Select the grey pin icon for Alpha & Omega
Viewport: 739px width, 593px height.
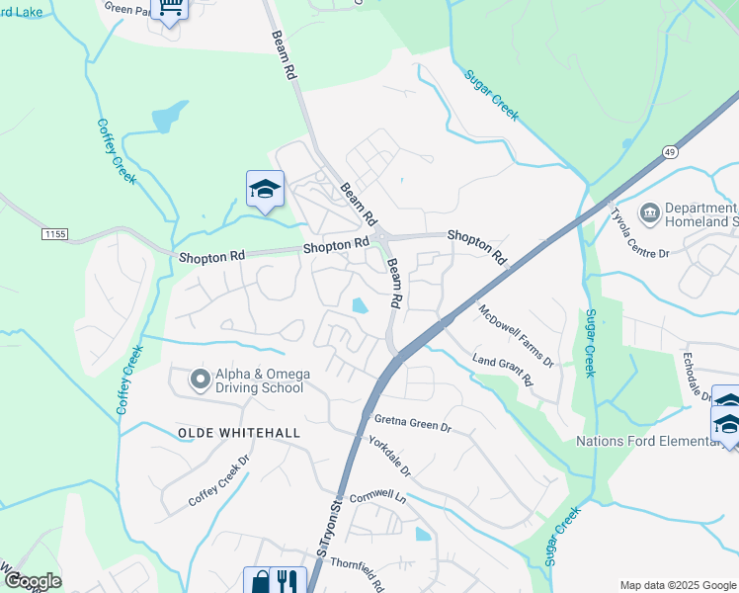[x=200, y=379]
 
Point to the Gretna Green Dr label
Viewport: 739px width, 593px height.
[x=412, y=422]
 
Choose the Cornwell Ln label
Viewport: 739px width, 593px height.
[x=377, y=496]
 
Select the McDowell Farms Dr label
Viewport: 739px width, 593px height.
[x=516, y=335]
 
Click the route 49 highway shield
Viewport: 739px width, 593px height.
[x=669, y=151]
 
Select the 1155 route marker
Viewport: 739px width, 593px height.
[x=54, y=233]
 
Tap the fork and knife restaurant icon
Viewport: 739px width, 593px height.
[x=287, y=580]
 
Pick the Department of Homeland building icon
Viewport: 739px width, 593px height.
[x=649, y=212]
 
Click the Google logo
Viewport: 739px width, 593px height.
[x=33, y=581]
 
